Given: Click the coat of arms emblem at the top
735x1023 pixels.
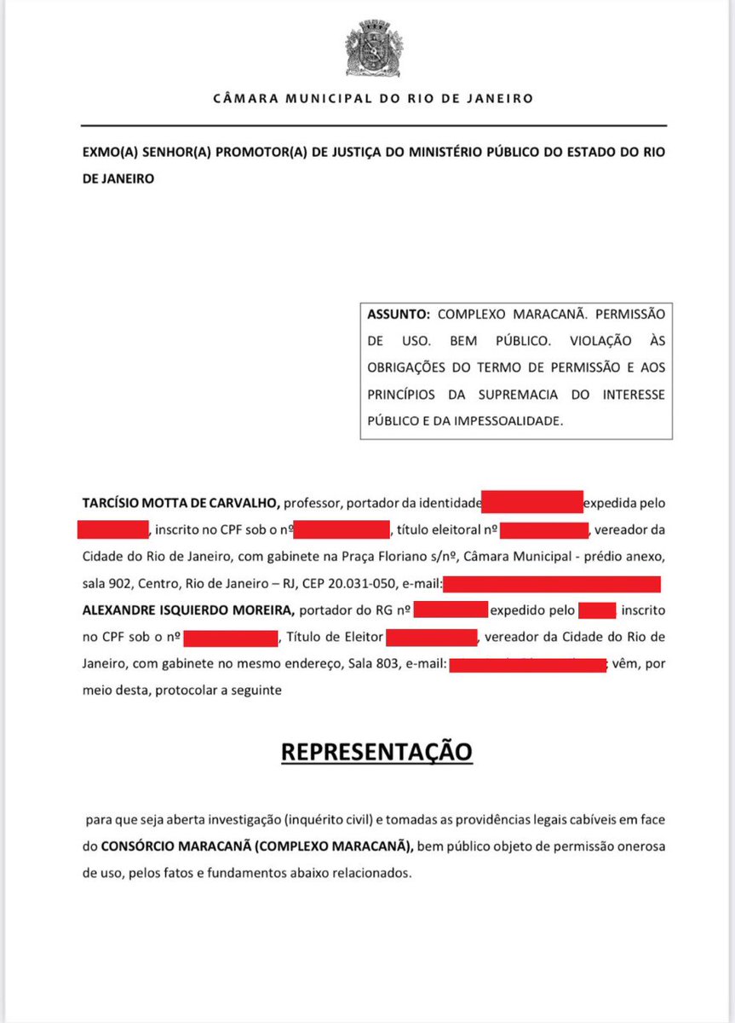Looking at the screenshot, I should [x=367, y=49].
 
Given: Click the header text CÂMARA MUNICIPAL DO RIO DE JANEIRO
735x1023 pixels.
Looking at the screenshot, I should [x=373, y=98].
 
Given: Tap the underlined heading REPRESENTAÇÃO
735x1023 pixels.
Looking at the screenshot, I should [x=376, y=753].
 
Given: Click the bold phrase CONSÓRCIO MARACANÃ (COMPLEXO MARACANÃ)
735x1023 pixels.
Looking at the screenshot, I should [x=257, y=846].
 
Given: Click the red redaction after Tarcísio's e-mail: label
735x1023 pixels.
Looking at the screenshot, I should [x=552, y=584].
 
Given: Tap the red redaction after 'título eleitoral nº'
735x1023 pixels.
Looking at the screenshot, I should [x=543, y=529].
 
